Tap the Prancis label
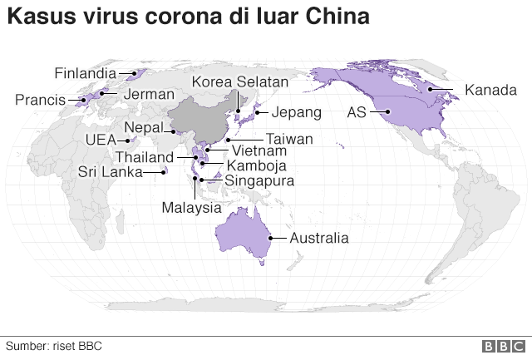pos(40,101)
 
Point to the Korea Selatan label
pos(239,81)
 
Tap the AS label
pos(356,111)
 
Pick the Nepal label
pos(143,127)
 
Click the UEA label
pos(101,141)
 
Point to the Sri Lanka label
pos(108,172)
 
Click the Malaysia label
pos(192,207)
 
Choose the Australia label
pos(318,238)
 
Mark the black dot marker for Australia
pos(270,238)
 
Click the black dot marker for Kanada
pos(430,89)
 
